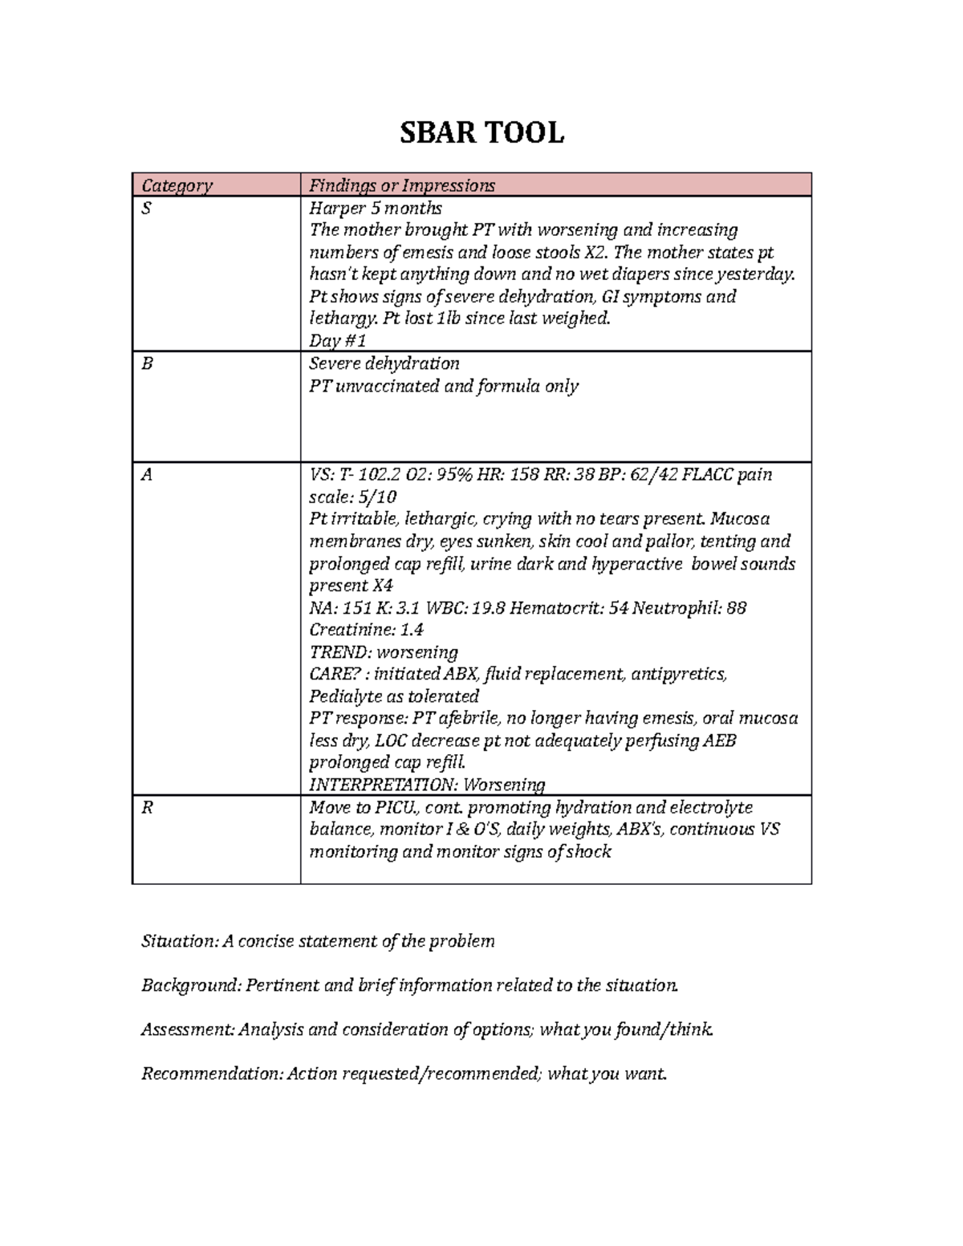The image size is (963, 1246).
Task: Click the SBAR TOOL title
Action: [x=481, y=132]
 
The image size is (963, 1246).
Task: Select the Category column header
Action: [x=177, y=185]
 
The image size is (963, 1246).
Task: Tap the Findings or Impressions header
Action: [x=402, y=185]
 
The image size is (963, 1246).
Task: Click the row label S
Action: [x=146, y=209]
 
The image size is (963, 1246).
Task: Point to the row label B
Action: [x=146, y=363]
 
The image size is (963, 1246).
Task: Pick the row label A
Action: [x=146, y=474]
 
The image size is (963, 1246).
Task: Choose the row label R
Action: [x=146, y=807]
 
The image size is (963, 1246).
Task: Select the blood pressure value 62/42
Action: [x=640, y=474]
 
